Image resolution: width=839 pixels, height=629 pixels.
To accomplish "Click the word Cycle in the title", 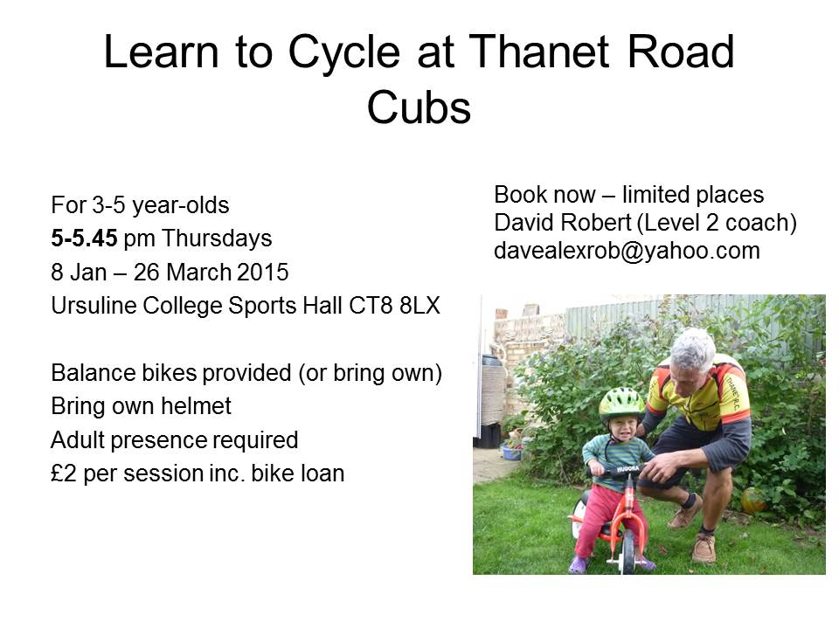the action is click(344, 53).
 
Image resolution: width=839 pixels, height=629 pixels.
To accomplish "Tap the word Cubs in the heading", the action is click(419, 107).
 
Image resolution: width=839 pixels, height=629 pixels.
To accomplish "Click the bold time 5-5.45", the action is click(84, 238).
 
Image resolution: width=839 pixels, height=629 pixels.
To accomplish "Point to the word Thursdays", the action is click(218, 238).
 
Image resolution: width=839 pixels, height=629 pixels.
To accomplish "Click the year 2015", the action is click(263, 273).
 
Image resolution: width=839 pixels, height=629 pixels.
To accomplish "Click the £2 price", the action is click(64, 473).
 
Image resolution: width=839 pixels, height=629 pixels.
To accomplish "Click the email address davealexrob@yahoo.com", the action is click(628, 251).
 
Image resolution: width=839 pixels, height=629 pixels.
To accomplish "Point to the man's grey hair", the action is click(693, 349).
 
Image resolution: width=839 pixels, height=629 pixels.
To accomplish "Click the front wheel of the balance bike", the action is click(628, 551).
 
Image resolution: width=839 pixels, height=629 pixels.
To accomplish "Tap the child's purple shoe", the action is click(579, 565).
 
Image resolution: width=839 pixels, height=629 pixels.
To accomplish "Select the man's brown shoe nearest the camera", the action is click(704, 549).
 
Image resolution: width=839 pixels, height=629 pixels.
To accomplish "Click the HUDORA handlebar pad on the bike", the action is click(628, 469).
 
